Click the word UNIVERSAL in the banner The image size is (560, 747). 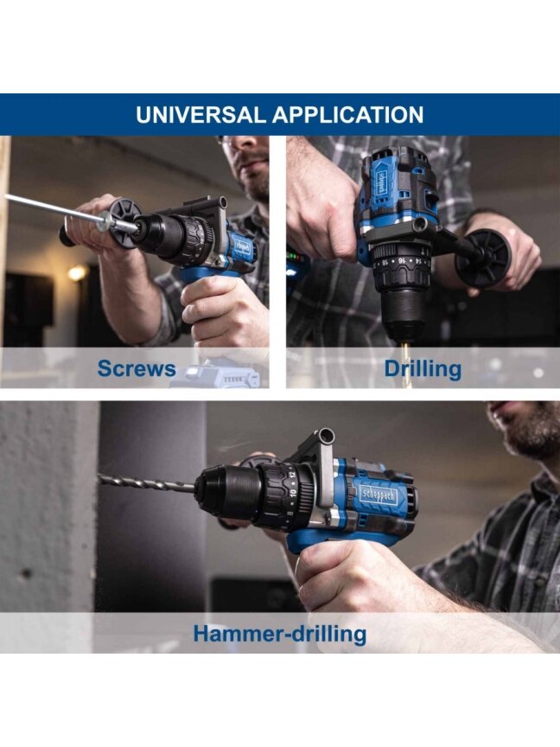200,115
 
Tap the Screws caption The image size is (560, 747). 137,368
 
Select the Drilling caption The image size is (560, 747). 423,369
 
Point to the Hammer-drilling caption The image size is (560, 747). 280,634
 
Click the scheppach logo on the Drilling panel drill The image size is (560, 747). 382,182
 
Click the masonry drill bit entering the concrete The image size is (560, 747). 146,483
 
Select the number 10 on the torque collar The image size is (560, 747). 292,493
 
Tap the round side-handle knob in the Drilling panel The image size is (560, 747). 481,259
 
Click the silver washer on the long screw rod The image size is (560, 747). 105,221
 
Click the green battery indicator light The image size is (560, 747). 296,259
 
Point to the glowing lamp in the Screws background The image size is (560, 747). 76,273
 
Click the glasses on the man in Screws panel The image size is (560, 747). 227,141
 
